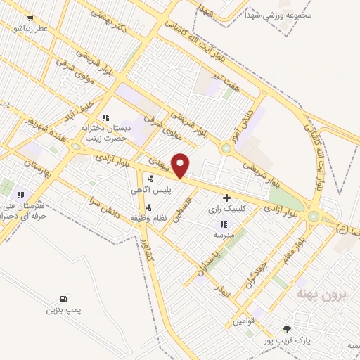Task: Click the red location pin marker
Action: tap(181, 165)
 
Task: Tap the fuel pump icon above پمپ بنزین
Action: tap(64, 299)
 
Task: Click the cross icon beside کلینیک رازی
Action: tap(226, 198)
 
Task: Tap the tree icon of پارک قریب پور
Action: tap(287, 328)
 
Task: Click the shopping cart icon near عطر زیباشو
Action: tap(30, 19)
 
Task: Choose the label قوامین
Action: tap(245, 321)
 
